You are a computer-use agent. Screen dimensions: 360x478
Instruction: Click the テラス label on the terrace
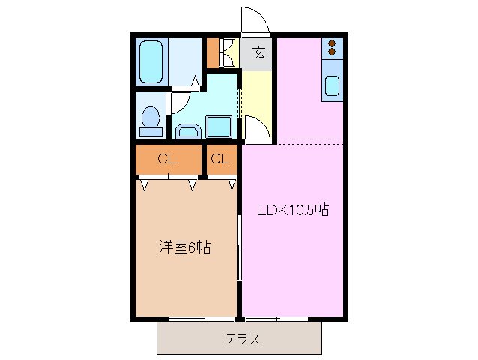243,338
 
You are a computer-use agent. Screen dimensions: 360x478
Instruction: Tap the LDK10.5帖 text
293,211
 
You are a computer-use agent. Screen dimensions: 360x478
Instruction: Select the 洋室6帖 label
184,247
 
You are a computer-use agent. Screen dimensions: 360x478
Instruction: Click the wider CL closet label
166,159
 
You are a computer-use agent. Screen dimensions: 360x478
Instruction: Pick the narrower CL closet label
219,159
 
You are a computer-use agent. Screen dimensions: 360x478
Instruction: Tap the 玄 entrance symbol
258,52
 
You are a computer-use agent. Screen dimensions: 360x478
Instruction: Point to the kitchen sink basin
331,87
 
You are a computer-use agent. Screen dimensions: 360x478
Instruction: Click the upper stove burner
331,44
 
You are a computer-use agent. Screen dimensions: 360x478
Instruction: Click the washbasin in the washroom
187,132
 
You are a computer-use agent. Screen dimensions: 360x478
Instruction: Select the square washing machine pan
219,126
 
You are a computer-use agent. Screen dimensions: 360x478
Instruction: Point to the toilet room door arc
180,101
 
